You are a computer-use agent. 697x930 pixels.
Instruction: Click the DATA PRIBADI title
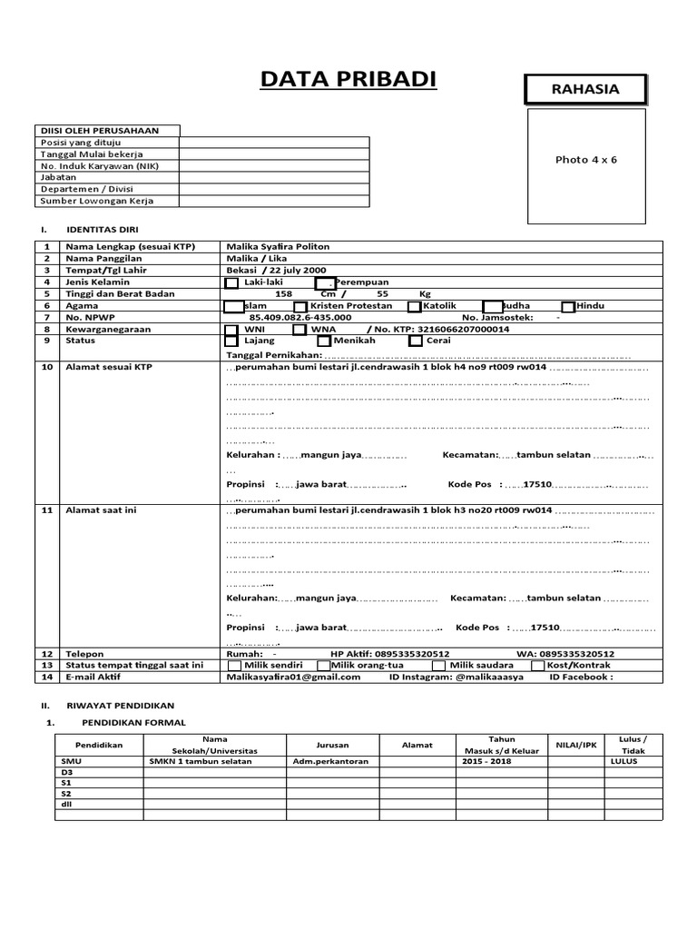pyautogui.click(x=348, y=80)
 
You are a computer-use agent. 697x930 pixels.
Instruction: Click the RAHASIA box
pyautogui.click(x=585, y=89)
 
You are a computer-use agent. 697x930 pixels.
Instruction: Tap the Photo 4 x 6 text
pyautogui.click(x=585, y=160)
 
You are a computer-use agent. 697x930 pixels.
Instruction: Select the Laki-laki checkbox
pyautogui.click(x=231, y=282)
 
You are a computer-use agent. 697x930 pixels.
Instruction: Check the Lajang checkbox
pyautogui.click(x=231, y=341)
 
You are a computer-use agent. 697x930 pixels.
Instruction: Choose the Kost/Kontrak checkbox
pyautogui.click(x=538, y=666)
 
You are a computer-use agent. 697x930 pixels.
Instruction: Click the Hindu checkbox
pyautogui.click(x=568, y=307)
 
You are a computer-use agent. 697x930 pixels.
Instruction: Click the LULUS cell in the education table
pyautogui.click(x=625, y=761)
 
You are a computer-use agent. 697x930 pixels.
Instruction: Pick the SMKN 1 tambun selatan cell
pyautogui.click(x=201, y=761)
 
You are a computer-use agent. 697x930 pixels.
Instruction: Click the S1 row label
pyautogui.click(x=66, y=782)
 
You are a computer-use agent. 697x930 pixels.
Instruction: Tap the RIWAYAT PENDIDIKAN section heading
pyautogui.click(x=127, y=705)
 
